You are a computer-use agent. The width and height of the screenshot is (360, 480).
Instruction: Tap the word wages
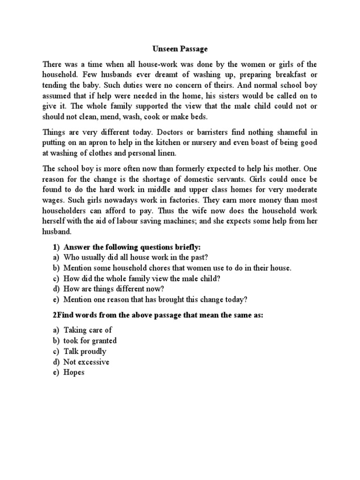[53, 200]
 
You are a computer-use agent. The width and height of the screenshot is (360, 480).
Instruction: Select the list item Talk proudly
[85, 352]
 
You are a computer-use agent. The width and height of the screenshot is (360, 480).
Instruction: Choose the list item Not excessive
[86, 362]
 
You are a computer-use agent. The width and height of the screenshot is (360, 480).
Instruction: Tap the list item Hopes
[74, 373]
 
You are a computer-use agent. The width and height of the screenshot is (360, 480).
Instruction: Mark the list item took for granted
[90, 341]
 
